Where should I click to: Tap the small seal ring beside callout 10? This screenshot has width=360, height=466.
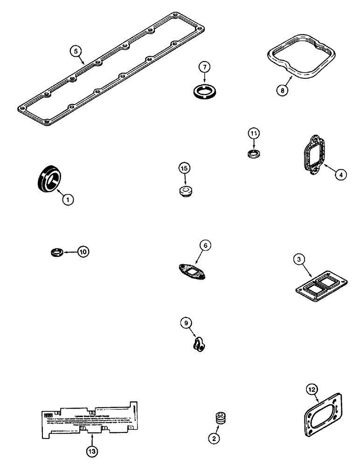pos(56,253)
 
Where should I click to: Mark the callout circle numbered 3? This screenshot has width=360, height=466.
pos(299,260)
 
